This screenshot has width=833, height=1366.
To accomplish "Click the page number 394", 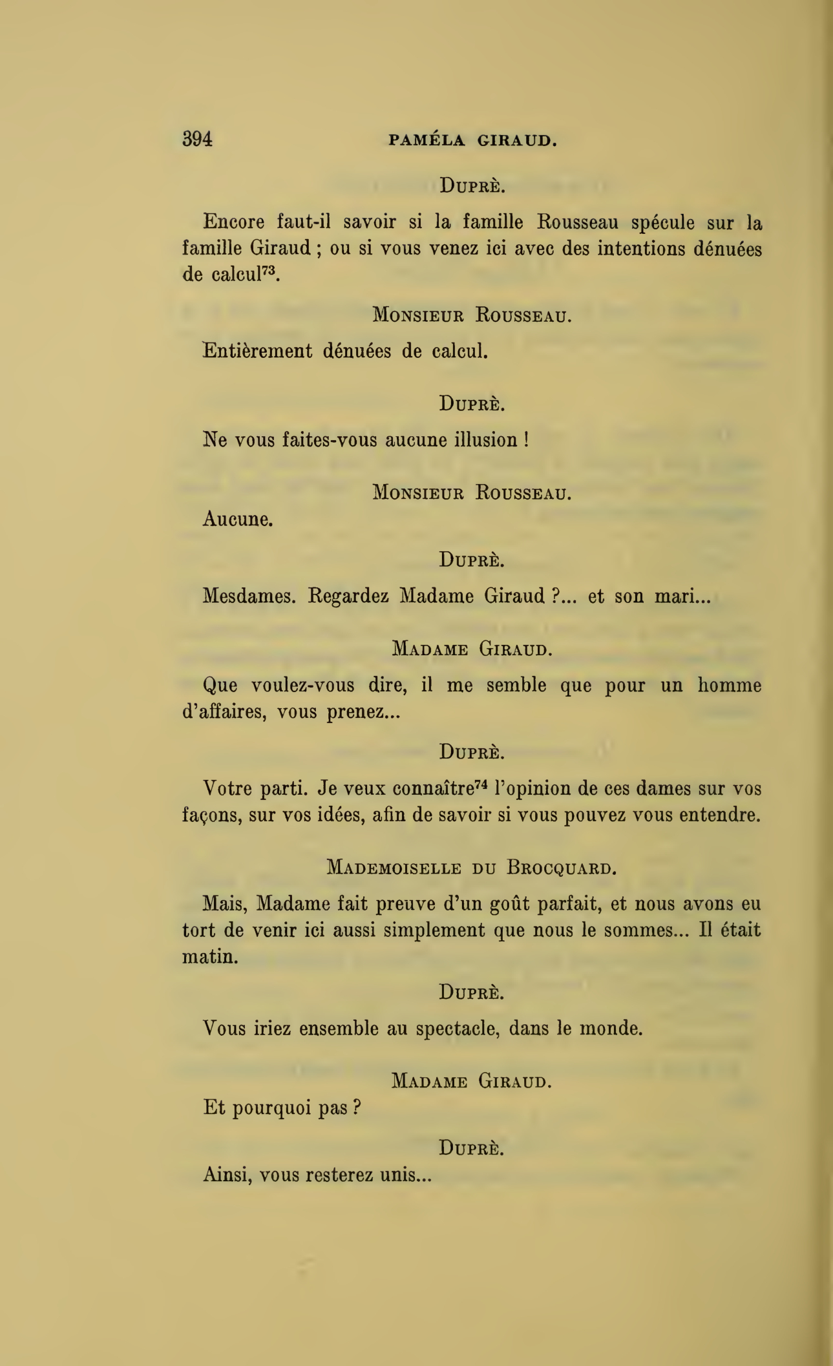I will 198,139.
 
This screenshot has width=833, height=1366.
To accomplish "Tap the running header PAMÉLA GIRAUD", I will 472,140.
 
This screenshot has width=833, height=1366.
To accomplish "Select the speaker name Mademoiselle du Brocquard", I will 472,867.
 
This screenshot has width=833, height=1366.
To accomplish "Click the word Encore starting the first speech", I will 233,222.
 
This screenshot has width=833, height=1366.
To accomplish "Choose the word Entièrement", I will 257,352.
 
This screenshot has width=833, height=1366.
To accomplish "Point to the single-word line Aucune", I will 237,519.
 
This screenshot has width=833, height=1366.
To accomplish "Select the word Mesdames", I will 249,595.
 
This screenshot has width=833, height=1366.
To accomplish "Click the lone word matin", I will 210,956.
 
